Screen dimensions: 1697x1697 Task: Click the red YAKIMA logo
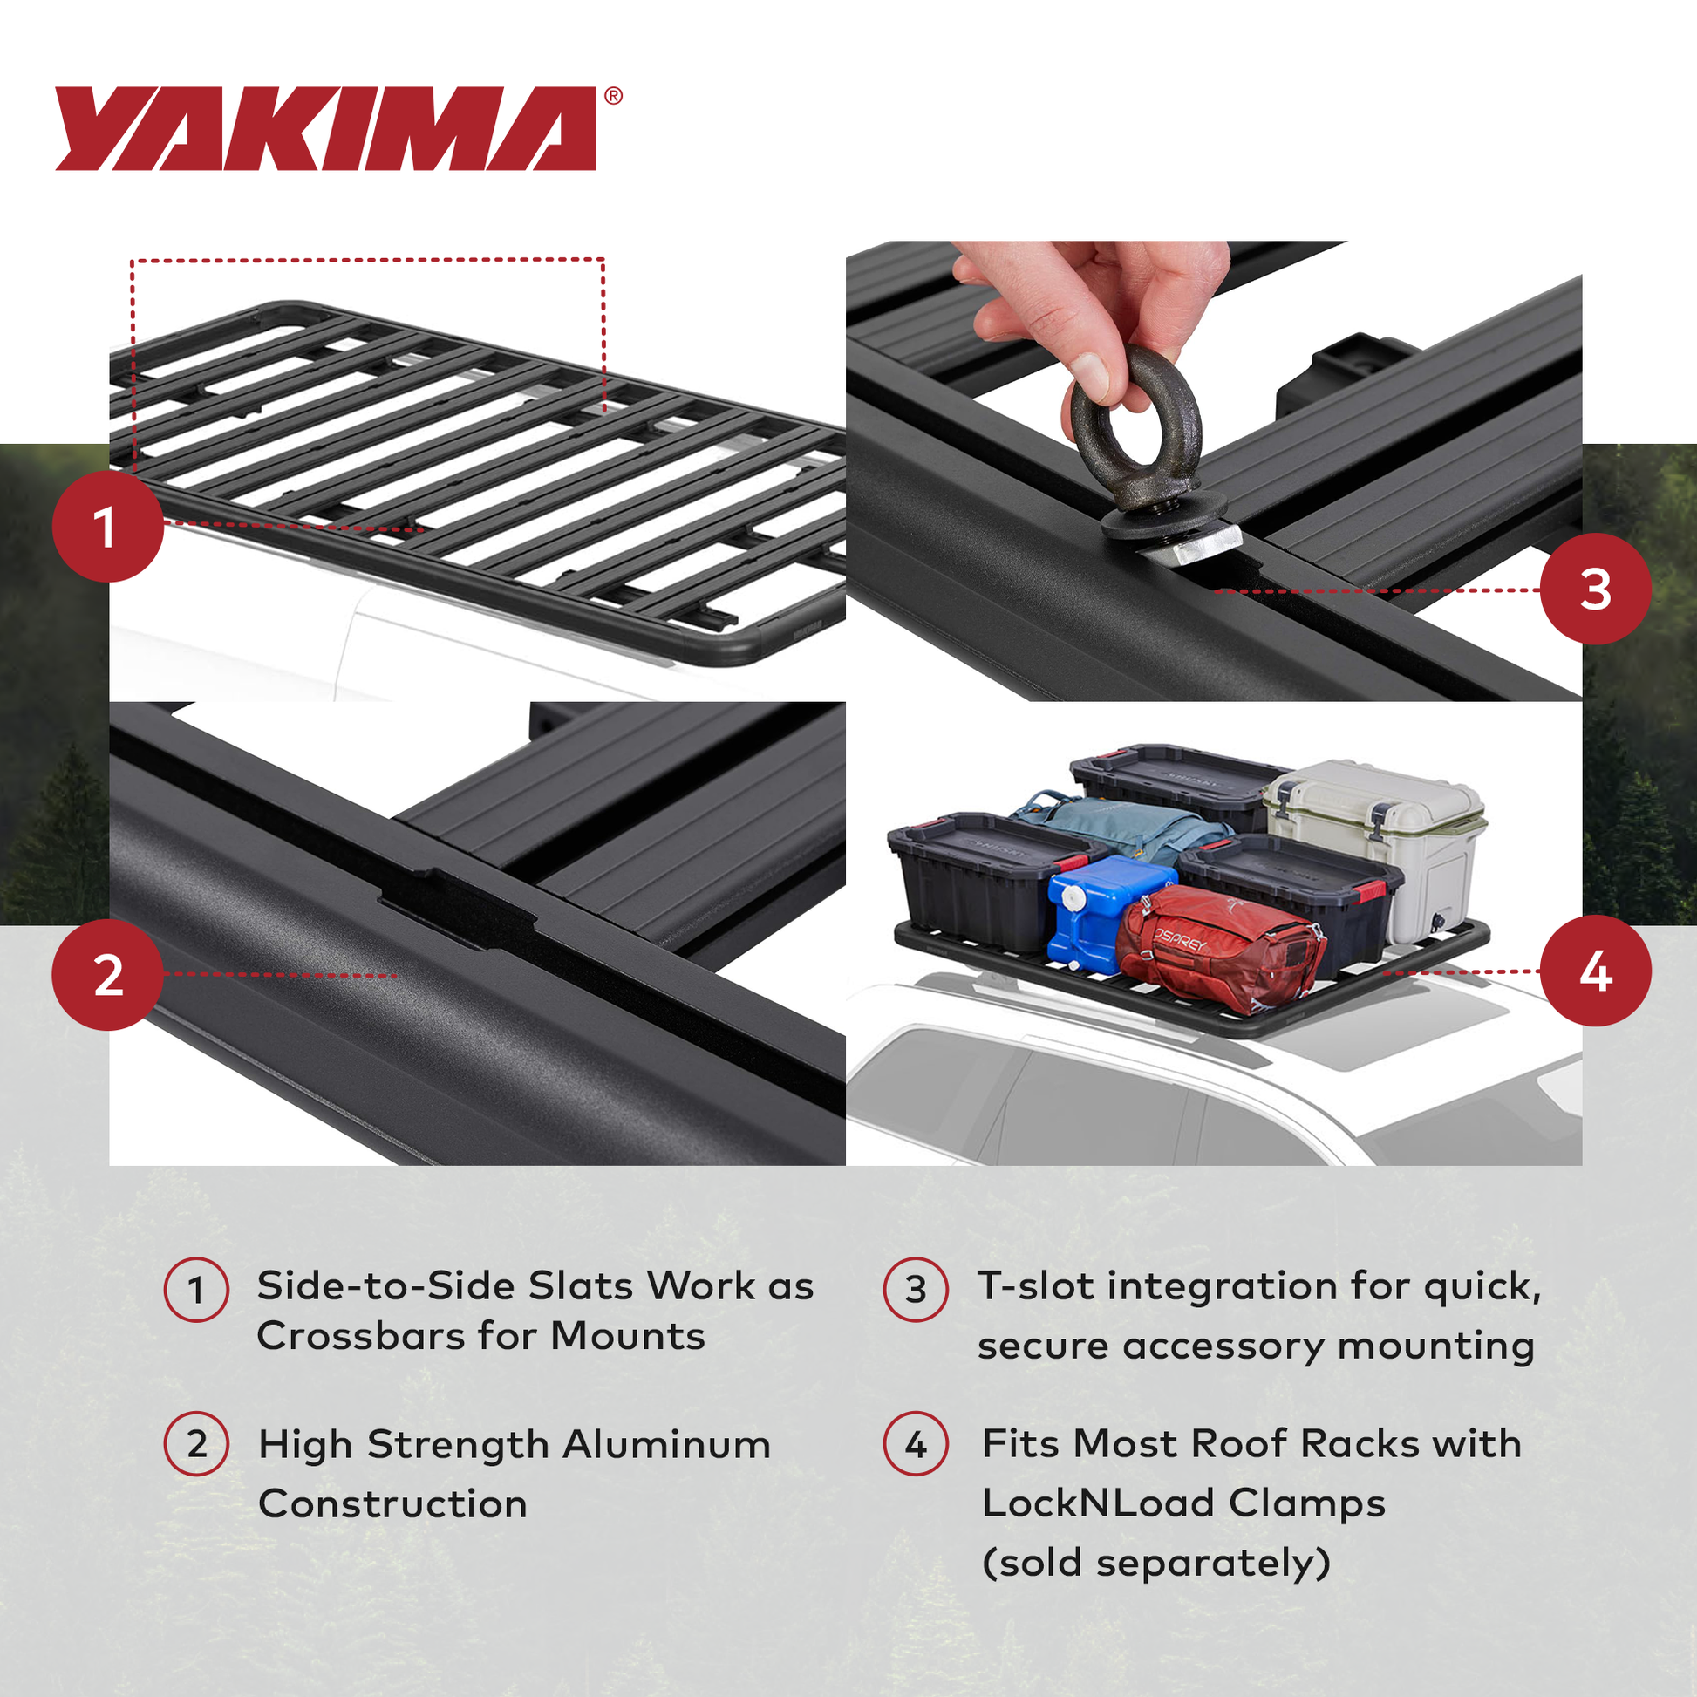325,128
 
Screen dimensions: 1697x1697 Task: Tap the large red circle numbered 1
107,527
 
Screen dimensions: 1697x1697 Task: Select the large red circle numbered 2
107,975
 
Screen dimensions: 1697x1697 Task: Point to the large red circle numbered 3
1595,589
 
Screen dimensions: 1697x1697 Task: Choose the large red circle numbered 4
1595,971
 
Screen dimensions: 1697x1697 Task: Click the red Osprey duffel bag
1221,949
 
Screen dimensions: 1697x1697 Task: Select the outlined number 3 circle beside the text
916,1290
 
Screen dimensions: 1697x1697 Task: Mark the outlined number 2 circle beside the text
197,1444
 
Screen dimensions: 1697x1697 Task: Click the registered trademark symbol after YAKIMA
613,96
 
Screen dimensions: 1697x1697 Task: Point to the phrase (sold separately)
1156,1563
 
